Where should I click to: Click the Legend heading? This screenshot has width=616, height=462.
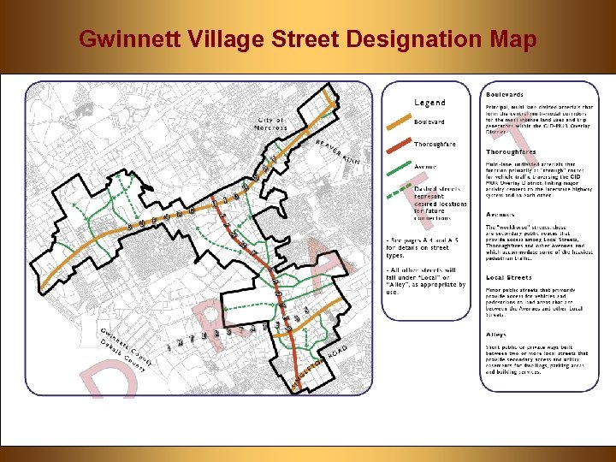pos(429,103)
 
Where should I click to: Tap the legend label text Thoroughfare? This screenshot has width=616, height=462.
pos(435,145)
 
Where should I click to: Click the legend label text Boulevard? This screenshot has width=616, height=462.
pos(429,121)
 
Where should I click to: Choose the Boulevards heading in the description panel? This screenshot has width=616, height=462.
pos(505,93)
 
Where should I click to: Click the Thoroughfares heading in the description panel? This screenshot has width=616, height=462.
pos(512,151)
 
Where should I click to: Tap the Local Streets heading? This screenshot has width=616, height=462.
pos(508,277)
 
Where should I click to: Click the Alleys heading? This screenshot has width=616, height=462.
pos(496,335)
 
